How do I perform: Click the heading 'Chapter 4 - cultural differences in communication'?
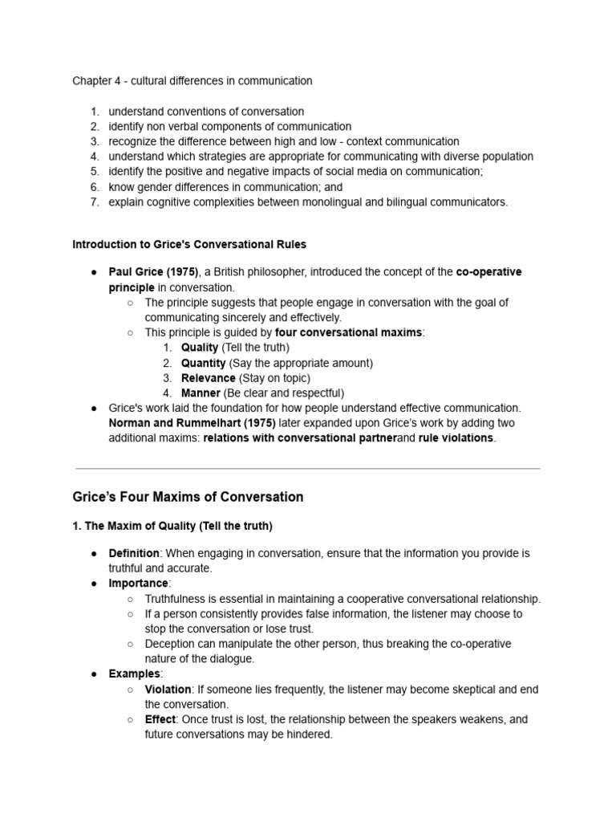coord(192,81)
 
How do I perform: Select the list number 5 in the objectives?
coord(94,172)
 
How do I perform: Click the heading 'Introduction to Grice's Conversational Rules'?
coord(189,244)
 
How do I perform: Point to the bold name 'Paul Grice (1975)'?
coord(153,272)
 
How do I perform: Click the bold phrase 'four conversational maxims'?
coord(349,332)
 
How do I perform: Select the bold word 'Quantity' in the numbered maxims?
coord(203,363)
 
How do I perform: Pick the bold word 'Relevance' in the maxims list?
coord(208,378)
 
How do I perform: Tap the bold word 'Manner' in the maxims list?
coord(201,393)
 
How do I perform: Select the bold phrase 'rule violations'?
coord(456,438)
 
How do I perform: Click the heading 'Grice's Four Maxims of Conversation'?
coord(188,497)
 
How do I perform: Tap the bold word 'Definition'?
coord(135,554)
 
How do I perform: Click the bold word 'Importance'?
coord(139,584)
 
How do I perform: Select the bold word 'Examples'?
coord(135,674)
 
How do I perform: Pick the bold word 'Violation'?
coord(168,690)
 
